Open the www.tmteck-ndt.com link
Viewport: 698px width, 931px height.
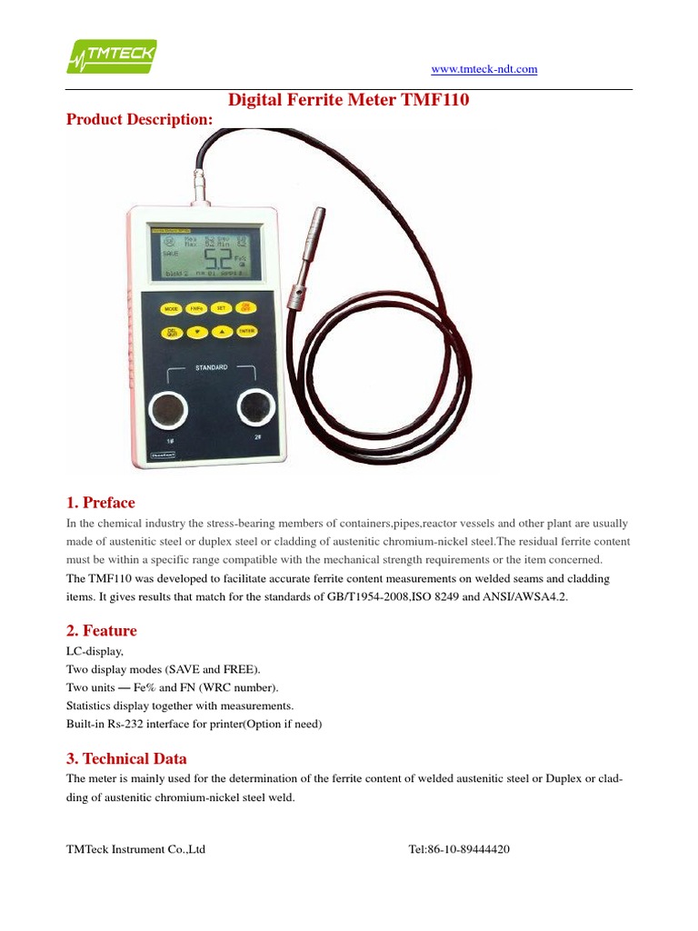[x=484, y=69]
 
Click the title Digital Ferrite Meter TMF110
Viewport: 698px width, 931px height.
[x=348, y=100]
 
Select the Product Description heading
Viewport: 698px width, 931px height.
[x=140, y=119]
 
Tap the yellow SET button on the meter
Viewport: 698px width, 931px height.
[x=220, y=308]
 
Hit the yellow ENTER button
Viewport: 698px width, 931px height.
[x=245, y=331]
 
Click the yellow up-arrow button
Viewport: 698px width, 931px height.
[x=220, y=332]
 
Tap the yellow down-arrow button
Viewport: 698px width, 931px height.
[x=196, y=332]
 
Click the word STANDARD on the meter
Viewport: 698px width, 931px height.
[x=210, y=367]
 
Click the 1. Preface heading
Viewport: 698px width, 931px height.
[x=101, y=503]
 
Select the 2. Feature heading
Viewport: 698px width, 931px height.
[x=102, y=630]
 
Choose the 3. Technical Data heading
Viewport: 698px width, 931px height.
[x=127, y=758]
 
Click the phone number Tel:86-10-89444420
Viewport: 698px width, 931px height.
[x=459, y=849]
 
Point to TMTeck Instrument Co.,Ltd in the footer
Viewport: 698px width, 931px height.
[x=136, y=849]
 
